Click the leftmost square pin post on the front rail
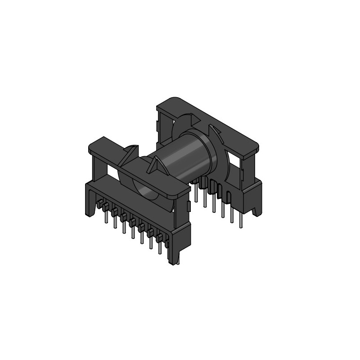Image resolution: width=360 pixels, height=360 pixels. click(99, 205)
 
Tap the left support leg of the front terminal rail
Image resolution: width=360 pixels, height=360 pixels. click(90, 198)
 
